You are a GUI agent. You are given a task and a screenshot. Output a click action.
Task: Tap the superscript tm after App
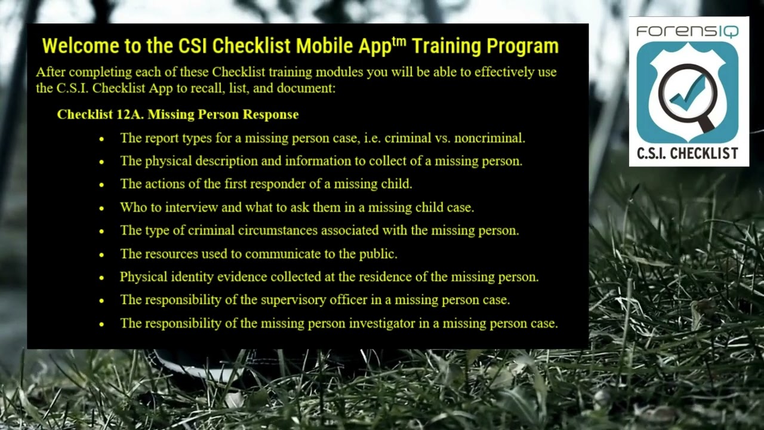point(399,41)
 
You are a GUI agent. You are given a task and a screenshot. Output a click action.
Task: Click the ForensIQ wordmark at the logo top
point(687,31)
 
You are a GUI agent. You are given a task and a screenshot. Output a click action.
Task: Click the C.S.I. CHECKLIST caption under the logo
point(687,153)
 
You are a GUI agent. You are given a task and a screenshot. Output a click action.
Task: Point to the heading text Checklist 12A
point(100,114)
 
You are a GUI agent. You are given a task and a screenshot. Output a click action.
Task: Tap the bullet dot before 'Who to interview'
point(101,208)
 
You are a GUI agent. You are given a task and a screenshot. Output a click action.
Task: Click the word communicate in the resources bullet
point(283,254)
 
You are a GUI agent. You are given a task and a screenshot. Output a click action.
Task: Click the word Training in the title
point(446,46)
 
